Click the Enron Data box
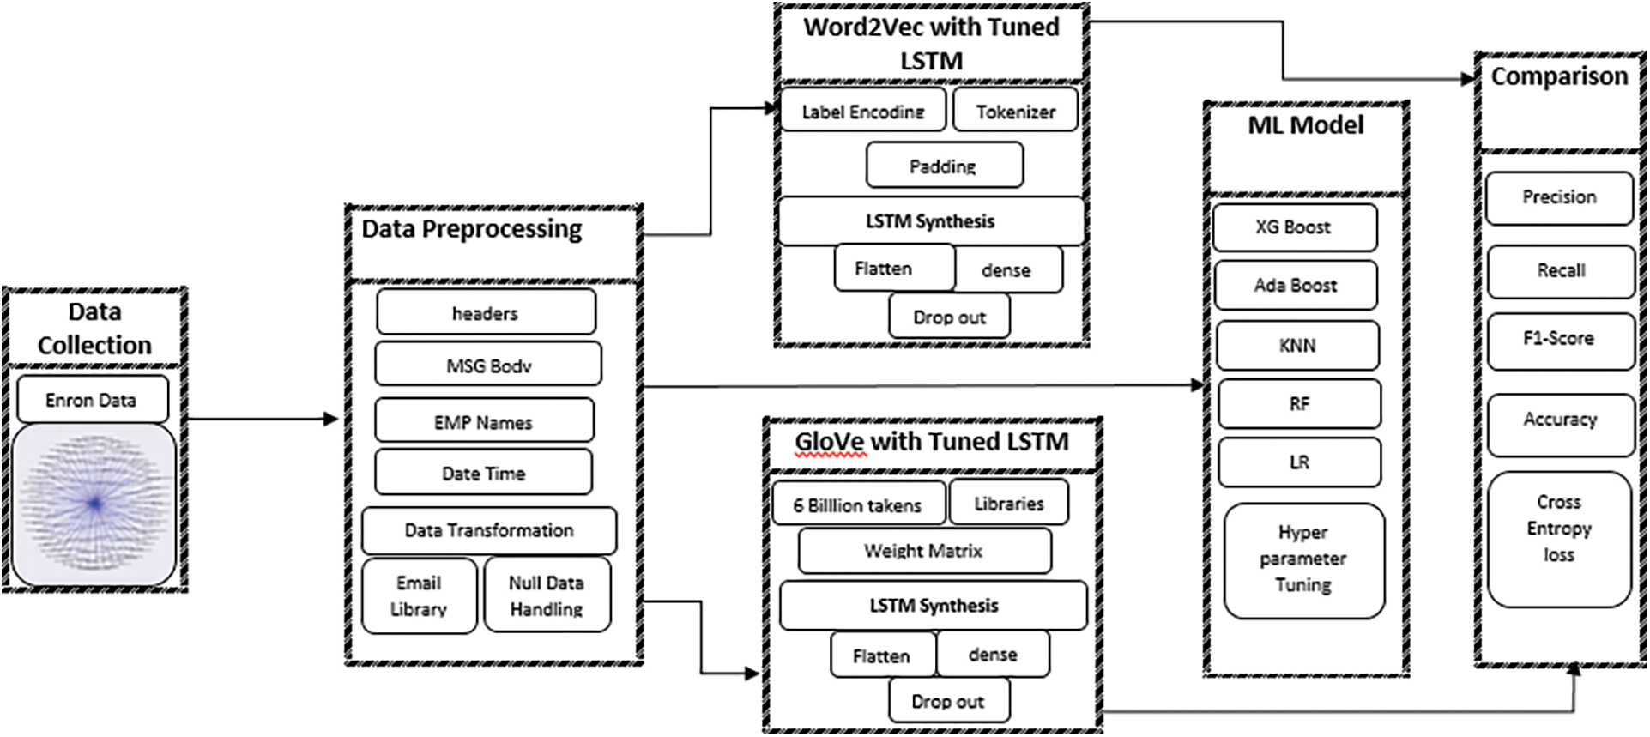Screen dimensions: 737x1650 pos(92,400)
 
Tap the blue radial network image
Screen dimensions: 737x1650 pos(94,504)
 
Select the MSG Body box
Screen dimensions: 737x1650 pos(487,365)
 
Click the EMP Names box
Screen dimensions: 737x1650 pos(484,421)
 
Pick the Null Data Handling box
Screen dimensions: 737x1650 pos(547,595)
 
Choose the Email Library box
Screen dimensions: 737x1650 pos(419,595)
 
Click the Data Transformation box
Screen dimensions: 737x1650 pos(488,530)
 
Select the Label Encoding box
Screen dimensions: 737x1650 pos(862,111)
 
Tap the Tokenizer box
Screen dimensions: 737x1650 pos(1015,111)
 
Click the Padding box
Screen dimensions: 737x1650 pos(943,166)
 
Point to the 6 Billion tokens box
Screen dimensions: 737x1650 pos(857,504)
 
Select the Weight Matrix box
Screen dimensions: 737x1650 pos(923,551)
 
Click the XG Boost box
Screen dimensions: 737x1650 pos(1294,227)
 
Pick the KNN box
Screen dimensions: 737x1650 pos(1296,345)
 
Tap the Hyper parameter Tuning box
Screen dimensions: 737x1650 pos(1302,559)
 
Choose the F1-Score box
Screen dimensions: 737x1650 pos(1559,340)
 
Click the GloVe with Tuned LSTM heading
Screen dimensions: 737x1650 pos(931,443)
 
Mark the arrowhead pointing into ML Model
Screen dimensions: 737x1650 pos(1199,385)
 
